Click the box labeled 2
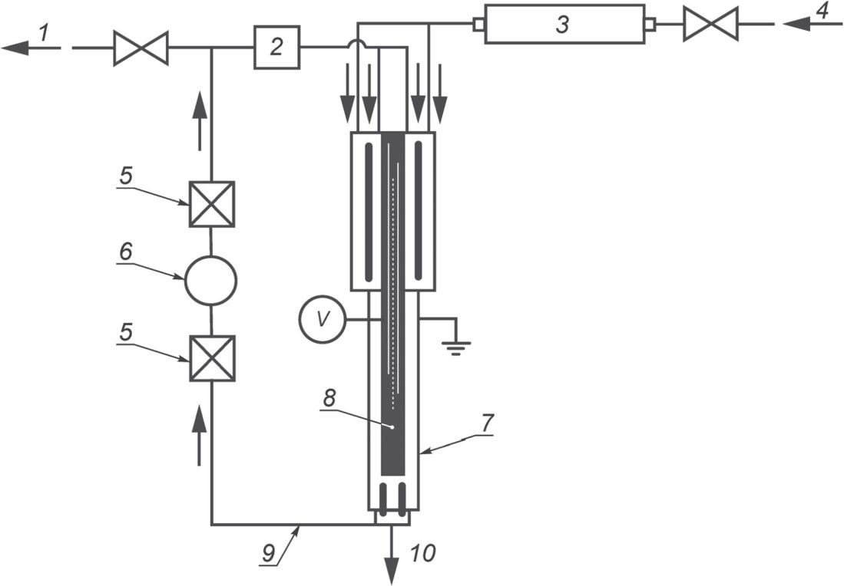276,48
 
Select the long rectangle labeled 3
564,24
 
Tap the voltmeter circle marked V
323,320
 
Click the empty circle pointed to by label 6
210,281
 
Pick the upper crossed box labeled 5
211,204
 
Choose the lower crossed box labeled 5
212,358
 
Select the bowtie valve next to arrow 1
141,48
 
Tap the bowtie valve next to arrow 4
710,24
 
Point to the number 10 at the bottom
422,553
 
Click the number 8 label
329,398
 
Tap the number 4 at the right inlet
822,11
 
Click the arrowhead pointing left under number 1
15,48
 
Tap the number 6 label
125,251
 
